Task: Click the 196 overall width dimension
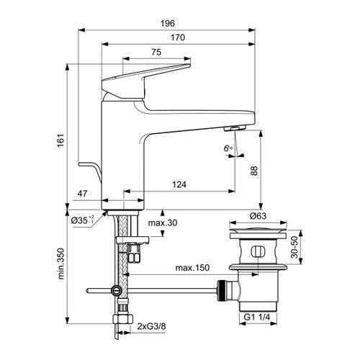[167, 22]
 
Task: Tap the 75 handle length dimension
[156, 53]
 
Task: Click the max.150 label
[192, 269]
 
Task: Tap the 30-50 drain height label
[294, 248]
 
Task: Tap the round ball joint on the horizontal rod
[116, 291]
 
